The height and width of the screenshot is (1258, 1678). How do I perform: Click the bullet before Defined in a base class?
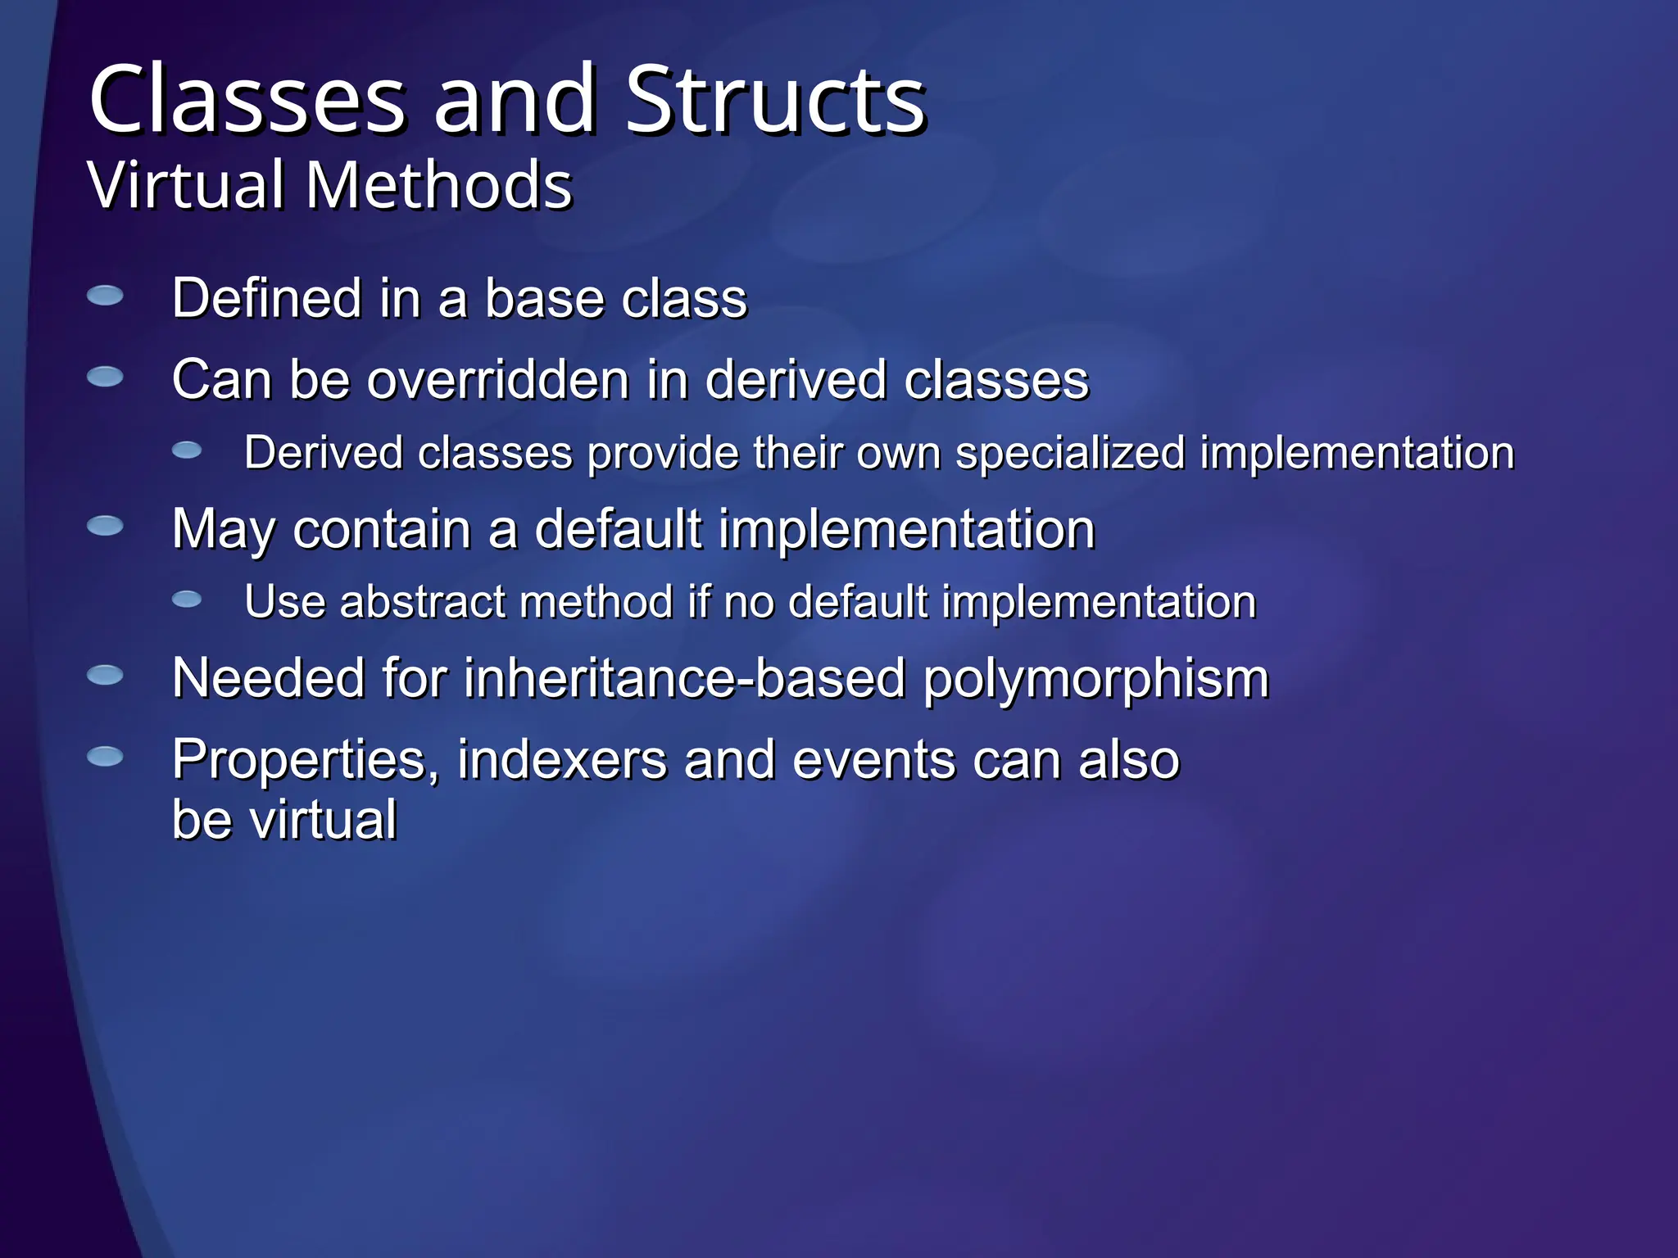(x=105, y=296)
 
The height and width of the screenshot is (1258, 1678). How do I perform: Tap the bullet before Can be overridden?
(x=105, y=377)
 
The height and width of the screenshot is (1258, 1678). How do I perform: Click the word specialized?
(x=1070, y=453)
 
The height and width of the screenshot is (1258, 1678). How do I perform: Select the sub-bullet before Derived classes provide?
(x=187, y=450)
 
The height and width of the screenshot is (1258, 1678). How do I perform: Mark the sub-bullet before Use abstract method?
(x=187, y=600)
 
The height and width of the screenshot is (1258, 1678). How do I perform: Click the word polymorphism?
(x=1096, y=680)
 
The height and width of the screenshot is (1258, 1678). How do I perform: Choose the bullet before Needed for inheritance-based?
(x=105, y=675)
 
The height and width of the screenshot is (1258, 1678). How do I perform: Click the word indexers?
(x=562, y=759)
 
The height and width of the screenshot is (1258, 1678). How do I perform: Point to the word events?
(x=874, y=759)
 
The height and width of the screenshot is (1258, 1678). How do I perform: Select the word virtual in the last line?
(x=323, y=819)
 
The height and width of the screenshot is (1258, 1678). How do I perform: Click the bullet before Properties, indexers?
(x=105, y=756)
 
